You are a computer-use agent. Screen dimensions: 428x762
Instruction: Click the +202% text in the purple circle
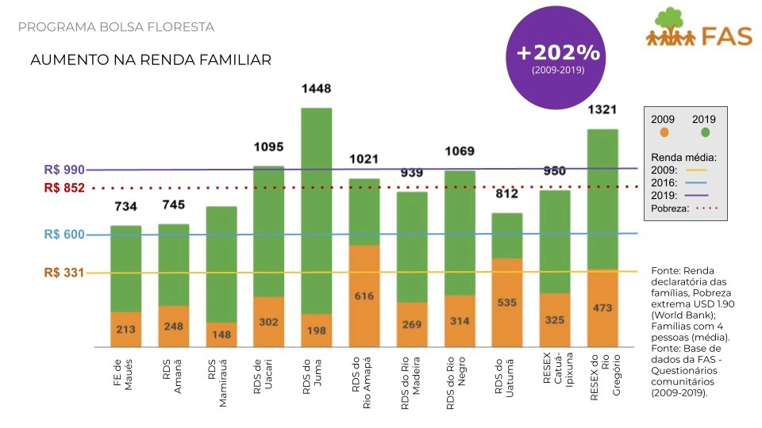tap(558, 53)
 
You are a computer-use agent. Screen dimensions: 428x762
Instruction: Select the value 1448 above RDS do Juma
tap(316, 89)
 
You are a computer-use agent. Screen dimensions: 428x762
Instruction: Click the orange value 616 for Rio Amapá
tap(364, 296)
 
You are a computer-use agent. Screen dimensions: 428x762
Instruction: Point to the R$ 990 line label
tap(64, 170)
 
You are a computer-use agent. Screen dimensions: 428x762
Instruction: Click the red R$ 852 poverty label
tap(64, 188)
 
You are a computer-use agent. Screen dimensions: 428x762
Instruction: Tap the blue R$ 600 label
tap(64, 235)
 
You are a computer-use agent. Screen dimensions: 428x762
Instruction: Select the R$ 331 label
tap(64, 273)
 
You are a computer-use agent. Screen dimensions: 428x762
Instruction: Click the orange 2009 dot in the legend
tap(664, 132)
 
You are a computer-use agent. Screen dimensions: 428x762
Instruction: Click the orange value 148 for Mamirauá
tap(221, 334)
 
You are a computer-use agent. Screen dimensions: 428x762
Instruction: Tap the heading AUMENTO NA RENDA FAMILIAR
tap(150, 59)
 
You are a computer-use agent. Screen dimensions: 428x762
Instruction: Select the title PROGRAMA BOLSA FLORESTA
tap(116, 27)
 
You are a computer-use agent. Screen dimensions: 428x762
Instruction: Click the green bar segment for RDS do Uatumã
tap(507, 235)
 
